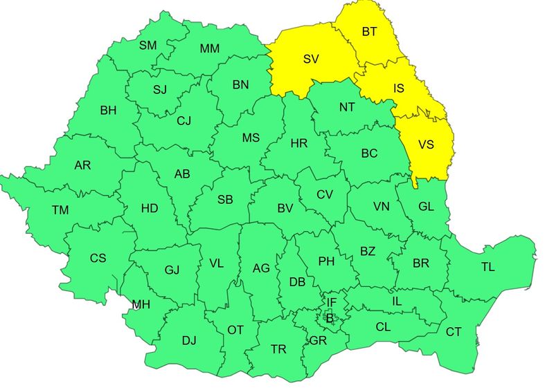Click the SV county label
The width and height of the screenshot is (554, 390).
point(311,59)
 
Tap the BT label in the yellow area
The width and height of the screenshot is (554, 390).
point(370,31)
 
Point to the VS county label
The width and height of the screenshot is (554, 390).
point(427,145)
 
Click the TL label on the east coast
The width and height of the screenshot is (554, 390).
point(488,268)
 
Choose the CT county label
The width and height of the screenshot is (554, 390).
point(453,333)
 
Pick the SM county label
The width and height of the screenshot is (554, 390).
point(148,46)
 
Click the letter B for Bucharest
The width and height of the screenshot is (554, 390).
point(330,319)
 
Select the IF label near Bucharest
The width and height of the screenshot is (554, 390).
point(331,302)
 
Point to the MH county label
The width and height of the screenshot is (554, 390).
point(141,304)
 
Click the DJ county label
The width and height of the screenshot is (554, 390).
point(189,340)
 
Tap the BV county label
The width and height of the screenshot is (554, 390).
point(285,207)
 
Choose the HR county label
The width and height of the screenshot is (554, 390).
point(299,143)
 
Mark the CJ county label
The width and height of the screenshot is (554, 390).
point(184,121)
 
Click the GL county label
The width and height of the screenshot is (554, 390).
point(427,206)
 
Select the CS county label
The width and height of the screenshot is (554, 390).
point(98,258)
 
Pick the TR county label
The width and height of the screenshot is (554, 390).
point(278,349)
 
